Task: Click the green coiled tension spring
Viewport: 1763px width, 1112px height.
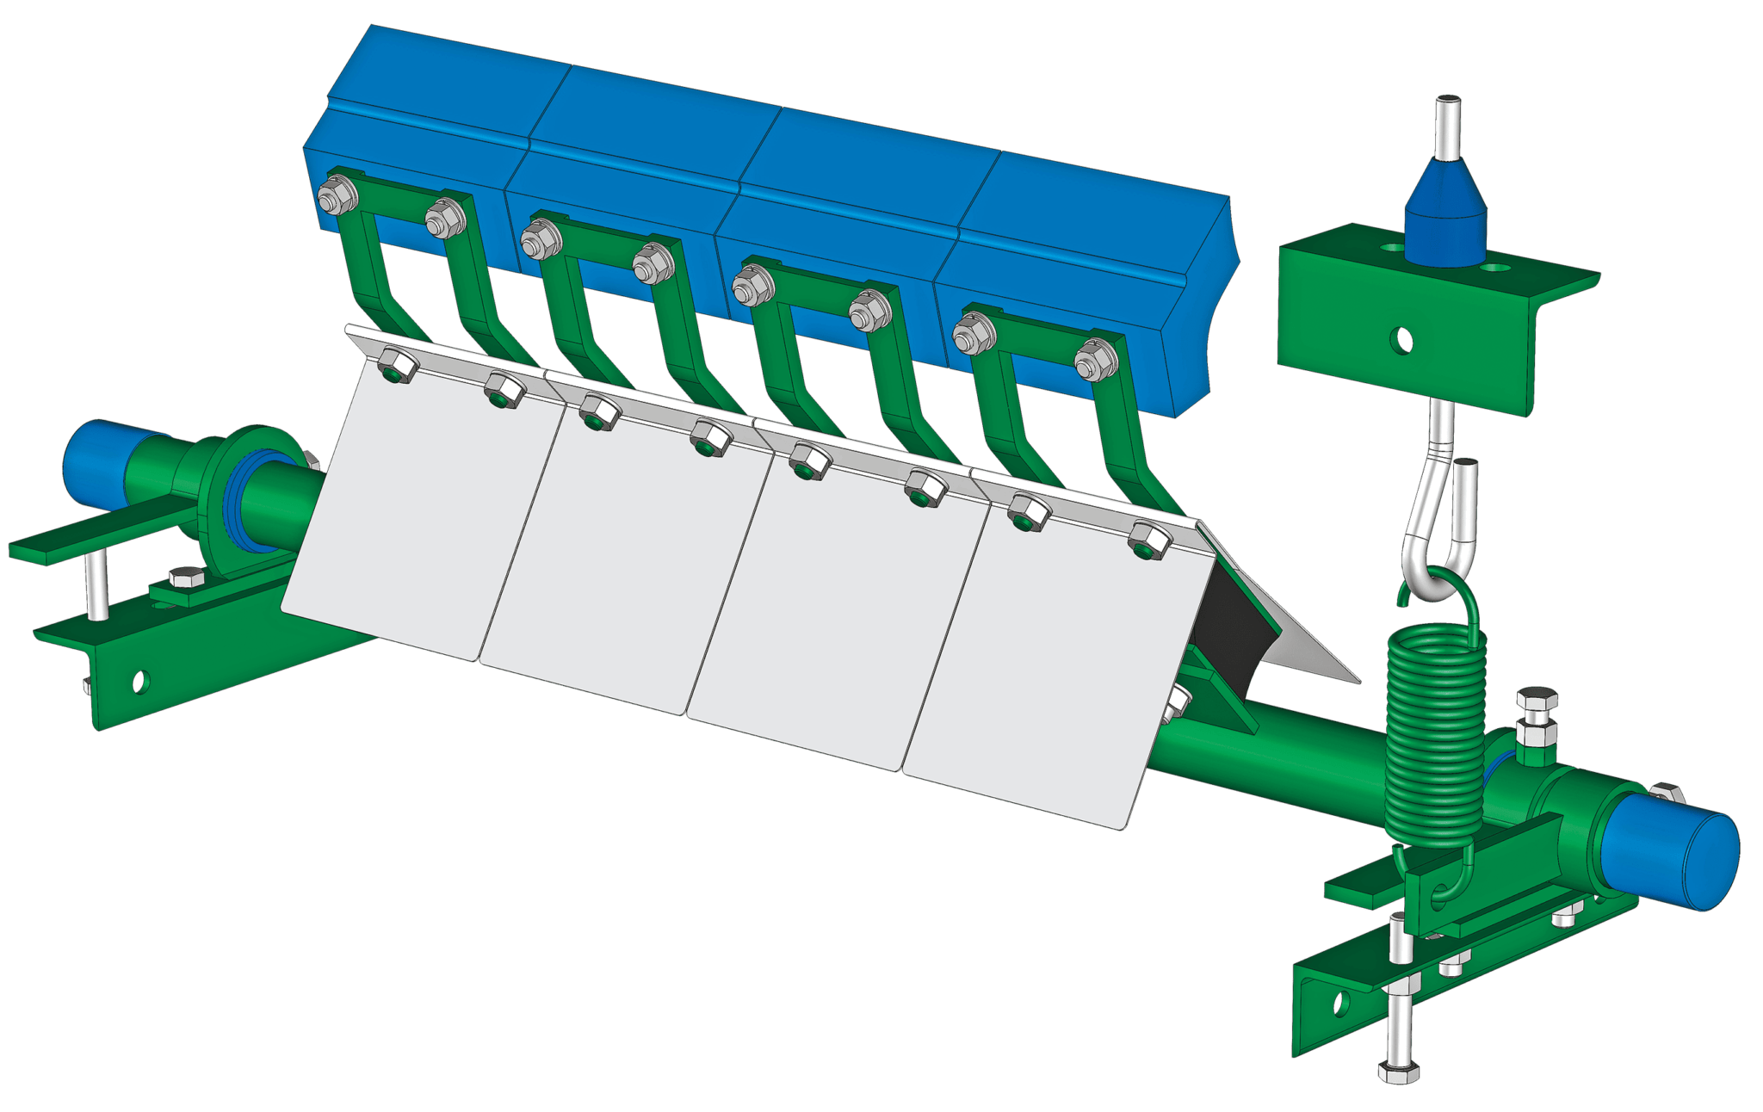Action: (1435, 740)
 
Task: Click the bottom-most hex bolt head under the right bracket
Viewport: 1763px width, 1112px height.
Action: (1398, 1072)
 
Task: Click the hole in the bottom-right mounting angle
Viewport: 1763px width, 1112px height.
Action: (1340, 1002)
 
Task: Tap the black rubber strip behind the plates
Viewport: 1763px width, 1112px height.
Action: (1227, 628)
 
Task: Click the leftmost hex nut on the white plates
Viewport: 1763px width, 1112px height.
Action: (397, 365)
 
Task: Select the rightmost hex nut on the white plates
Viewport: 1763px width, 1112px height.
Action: (1148, 541)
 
